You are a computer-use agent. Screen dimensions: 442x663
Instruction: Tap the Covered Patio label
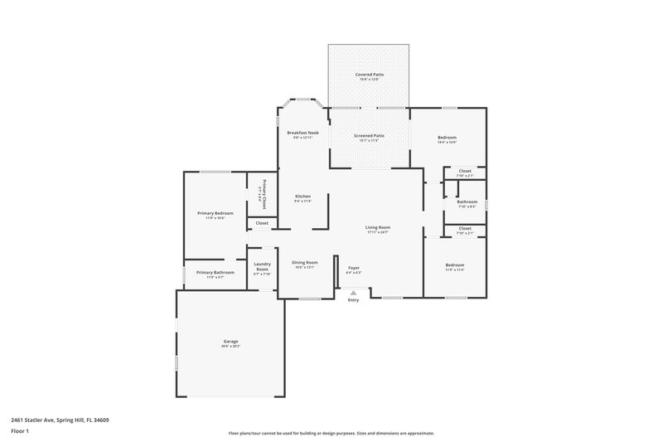(370, 75)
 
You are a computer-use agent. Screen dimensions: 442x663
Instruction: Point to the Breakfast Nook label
(302, 133)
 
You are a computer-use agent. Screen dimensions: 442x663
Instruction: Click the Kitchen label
(302, 197)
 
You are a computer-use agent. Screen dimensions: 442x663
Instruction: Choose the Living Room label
(378, 227)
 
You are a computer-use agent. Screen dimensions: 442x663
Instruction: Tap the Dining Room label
(305, 263)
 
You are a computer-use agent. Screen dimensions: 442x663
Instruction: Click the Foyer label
(354, 268)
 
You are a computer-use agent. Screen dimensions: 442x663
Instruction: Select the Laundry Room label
(262, 267)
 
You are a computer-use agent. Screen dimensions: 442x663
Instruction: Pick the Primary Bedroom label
(215, 213)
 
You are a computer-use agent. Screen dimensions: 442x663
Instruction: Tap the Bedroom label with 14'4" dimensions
(447, 138)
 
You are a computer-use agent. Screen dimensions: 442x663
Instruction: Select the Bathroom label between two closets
(466, 202)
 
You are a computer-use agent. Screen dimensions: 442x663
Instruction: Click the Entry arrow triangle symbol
(354, 292)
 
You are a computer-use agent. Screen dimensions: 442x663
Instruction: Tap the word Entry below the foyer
(354, 300)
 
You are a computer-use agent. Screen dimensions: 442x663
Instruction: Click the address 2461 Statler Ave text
(60, 420)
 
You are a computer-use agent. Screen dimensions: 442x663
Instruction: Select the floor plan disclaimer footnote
(331, 433)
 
